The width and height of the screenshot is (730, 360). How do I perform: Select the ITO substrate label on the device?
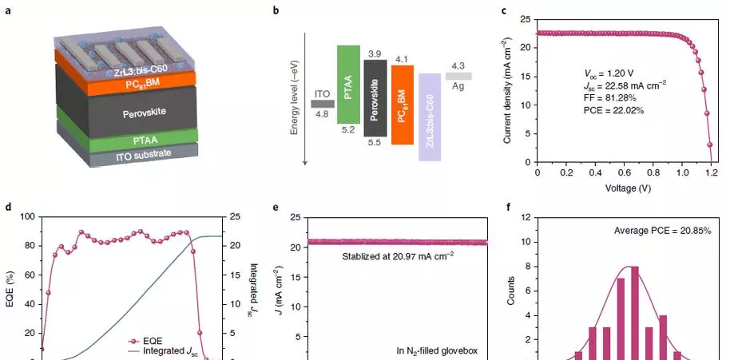coord(145,155)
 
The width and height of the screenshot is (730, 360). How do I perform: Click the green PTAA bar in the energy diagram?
coord(348,84)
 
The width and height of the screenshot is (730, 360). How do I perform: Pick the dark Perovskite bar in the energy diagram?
coord(375,98)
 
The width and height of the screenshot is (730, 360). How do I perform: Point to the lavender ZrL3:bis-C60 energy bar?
coord(430,117)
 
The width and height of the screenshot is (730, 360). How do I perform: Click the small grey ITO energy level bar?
coord(323,104)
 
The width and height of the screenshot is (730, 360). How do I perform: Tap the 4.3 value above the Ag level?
coord(458,66)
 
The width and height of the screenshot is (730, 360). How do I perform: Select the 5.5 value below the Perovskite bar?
coord(375,143)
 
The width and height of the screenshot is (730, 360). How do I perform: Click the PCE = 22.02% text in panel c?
coord(613,110)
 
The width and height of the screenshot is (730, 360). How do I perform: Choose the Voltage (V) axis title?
coord(628,188)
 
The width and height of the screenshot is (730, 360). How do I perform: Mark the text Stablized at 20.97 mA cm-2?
coord(398,255)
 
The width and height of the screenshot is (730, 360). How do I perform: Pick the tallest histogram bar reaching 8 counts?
coord(635,313)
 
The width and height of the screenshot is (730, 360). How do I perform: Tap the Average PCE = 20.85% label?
coord(662,230)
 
